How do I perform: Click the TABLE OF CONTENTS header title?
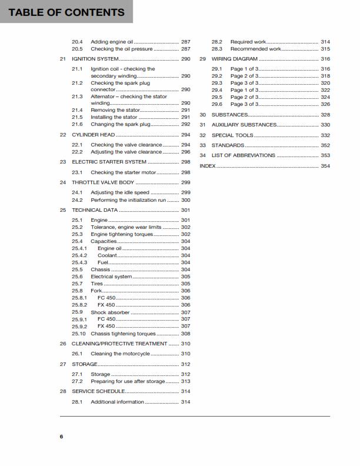pyautogui.click(x=66, y=12)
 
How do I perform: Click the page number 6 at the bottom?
pyautogui.click(x=61, y=437)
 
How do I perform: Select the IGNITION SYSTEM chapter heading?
pyautogui.click(x=95, y=59)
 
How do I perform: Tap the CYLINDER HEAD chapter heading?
pyautogui.click(x=93, y=135)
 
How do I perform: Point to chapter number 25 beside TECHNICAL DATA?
pyautogui.click(x=63, y=210)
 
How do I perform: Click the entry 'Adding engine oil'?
pyautogui.click(x=112, y=42)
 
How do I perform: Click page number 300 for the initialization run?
pyautogui.click(x=185, y=200)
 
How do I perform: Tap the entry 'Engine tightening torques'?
pyautogui.click(x=122, y=234)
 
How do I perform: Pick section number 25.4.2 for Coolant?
pyautogui.click(x=79, y=255)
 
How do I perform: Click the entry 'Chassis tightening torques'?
pyautogui.click(x=123, y=334)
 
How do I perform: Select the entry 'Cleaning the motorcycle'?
pyautogui.click(x=120, y=354)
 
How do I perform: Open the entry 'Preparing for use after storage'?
pyautogui.click(x=127, y=381)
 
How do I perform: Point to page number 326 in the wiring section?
pyautogui.click(x=325, y=104)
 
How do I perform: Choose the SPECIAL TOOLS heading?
pyautogui.click(x=232, y=135)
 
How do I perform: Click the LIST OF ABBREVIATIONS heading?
pyautogui.click(x=243, y=155)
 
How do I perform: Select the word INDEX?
pyautogui.click(x=208, y=166)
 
